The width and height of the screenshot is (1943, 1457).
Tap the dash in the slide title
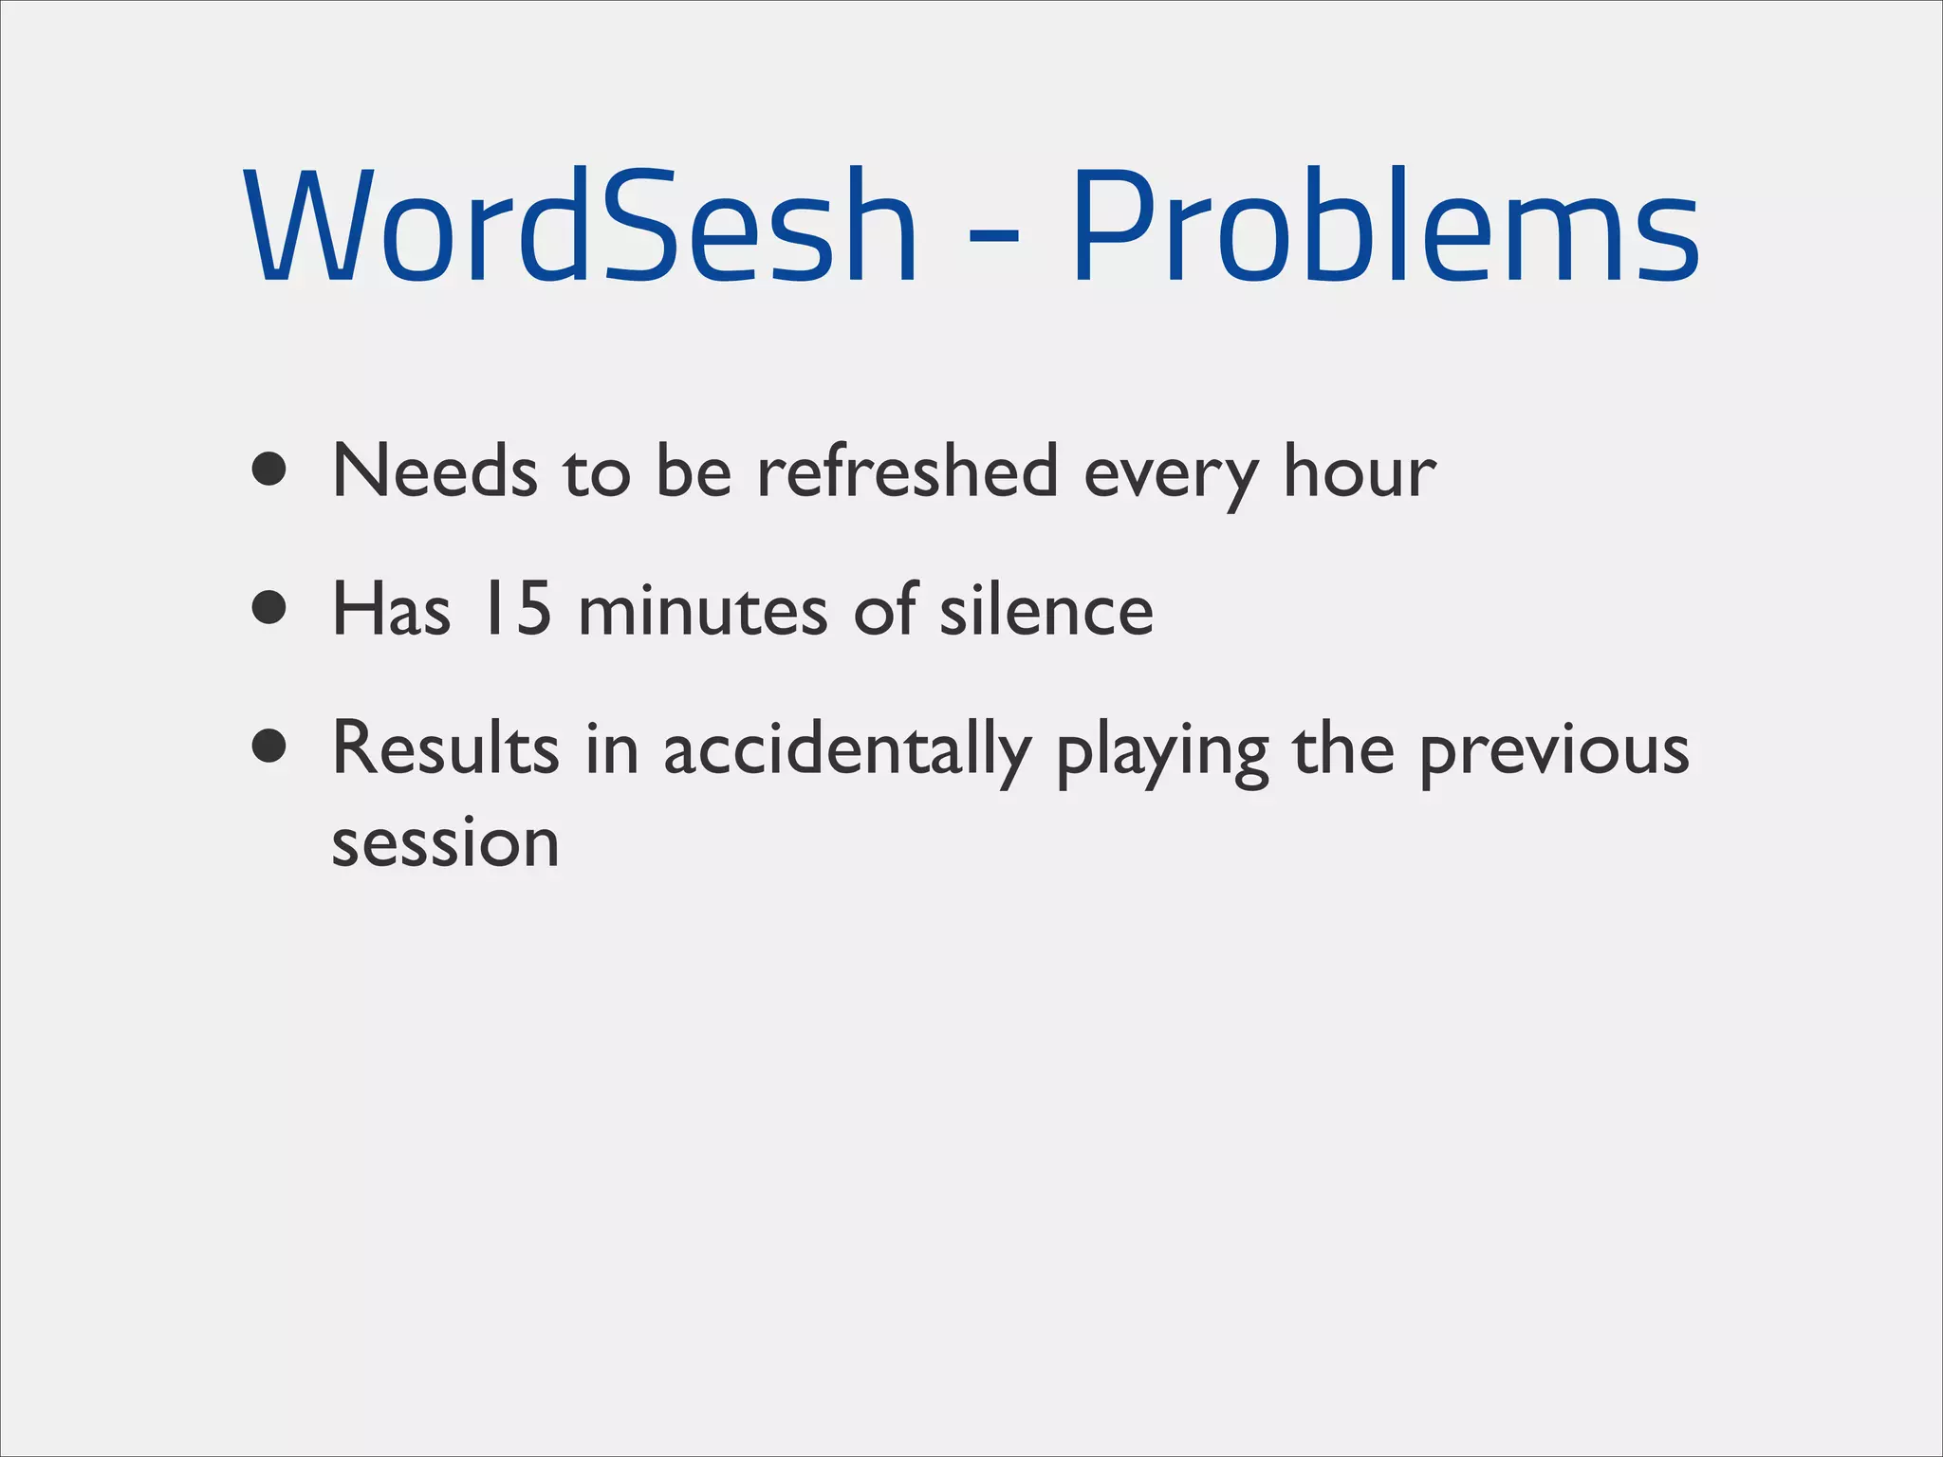point(994,231)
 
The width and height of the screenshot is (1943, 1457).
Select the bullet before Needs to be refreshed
point(270,469)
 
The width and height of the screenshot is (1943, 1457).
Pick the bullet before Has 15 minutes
point(270,608)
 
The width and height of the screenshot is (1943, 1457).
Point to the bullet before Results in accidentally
point(270,747)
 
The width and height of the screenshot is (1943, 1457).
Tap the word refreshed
point(907,470)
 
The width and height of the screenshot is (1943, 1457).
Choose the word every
point(1171,474)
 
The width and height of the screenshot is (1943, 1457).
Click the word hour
point(1360,470)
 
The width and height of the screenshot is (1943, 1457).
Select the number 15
point(516,609)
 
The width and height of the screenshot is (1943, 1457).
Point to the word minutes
point(703,609)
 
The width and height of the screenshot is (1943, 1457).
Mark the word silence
point(1046,609)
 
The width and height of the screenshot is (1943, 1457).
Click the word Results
point(445,748)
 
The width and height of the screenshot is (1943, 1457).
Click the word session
point(445,843)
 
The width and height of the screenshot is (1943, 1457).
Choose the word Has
point(391,609)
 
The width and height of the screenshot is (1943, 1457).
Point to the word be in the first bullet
point(694,470)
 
